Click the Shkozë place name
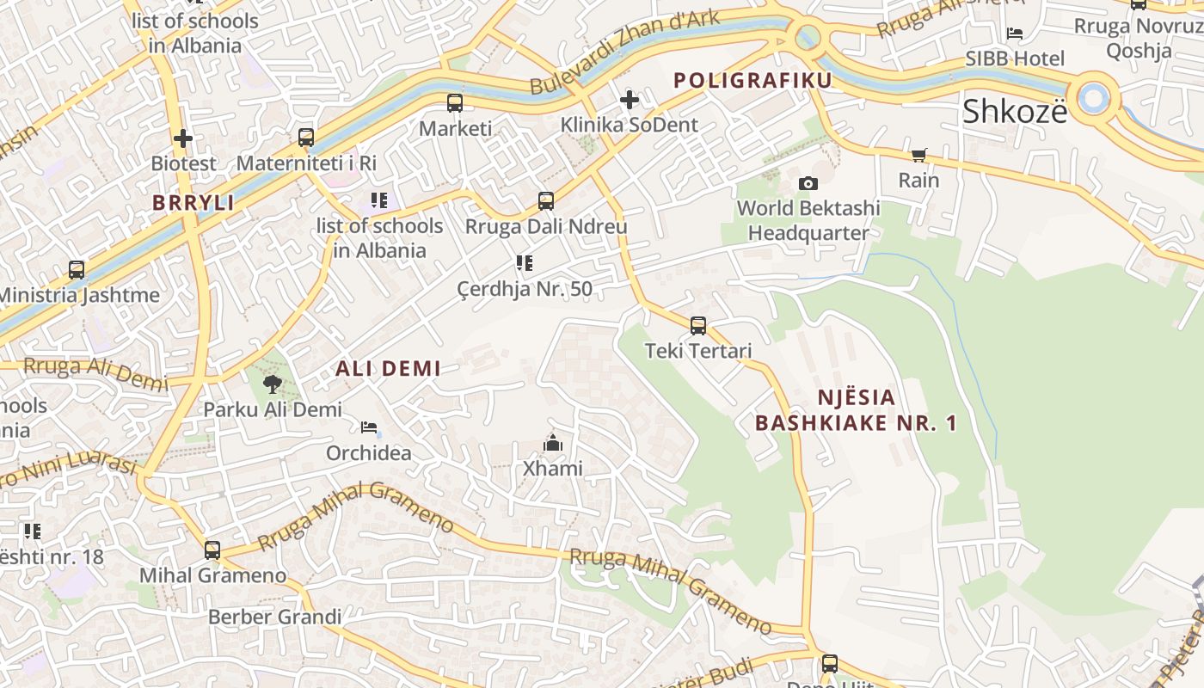pos(1014,112)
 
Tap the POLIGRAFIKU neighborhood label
pos(752,81)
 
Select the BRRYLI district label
pos(193,203)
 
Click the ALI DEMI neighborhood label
pos(388,369)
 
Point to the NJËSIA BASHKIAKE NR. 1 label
pos(855,410)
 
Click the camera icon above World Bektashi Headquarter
pos(808,183)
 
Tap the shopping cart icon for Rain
pos(918,156)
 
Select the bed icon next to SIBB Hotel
pos(1015,34)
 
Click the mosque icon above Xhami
pos(552,444)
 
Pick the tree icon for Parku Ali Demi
pos(273,384)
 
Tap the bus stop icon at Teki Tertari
pos(698,326)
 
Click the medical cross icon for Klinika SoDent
pos(630,100)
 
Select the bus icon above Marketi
pos(455,103)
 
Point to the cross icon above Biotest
pos(182,138)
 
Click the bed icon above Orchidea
pos(369,427)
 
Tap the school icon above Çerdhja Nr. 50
pos(524,263)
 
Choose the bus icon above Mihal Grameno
pos(212,550)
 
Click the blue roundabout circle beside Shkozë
pos(1093,98)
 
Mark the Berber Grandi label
pos(274,617)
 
